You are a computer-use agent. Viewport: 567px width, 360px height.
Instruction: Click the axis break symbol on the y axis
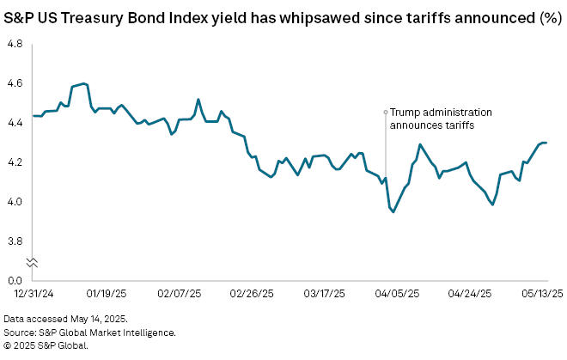(33, 262)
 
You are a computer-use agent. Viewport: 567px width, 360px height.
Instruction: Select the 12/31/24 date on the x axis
(29, 294)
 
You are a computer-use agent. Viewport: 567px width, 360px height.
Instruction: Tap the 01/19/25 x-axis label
(105, 294)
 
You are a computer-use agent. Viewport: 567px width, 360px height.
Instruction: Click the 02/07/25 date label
(179, 294)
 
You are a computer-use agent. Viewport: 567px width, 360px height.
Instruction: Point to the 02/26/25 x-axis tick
(253, 294)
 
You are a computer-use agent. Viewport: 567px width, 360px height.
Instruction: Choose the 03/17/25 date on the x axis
(326, 294)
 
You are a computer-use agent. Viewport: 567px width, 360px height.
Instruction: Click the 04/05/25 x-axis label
(400, 294)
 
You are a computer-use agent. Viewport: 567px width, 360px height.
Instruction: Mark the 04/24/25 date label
(474, 294)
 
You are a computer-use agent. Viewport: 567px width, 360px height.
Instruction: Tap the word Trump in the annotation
(405, 112)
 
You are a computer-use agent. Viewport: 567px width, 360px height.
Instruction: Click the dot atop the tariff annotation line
(385, 112)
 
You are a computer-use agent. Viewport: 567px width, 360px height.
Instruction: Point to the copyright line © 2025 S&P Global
(52, 345)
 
